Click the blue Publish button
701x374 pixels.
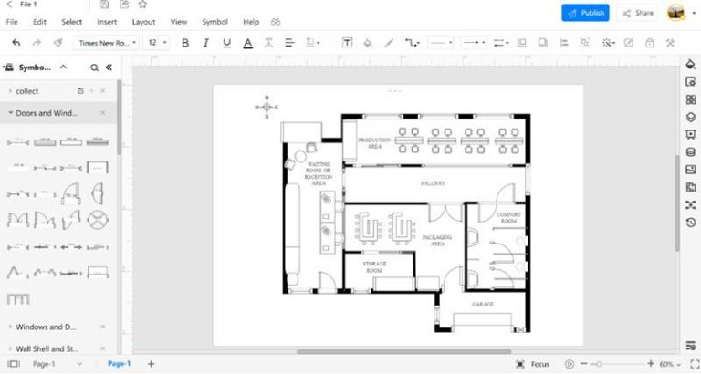(585, 13)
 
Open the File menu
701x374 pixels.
(13, 21)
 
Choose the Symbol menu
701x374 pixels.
(215, 21)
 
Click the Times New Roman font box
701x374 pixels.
(106, 43)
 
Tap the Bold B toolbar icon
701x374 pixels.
(185, 43)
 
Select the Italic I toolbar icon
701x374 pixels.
(205, 43)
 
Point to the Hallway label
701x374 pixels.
(433, 183)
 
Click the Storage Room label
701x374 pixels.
(376, 266)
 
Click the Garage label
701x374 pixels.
(482, 304)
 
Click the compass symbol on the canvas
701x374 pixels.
(267, 107)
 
